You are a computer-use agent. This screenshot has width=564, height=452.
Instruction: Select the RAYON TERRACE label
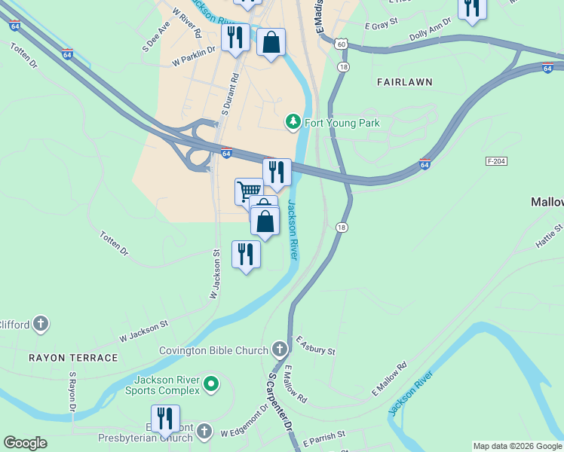coord(74,358)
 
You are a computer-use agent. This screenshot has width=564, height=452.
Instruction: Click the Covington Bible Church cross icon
coord(280,350)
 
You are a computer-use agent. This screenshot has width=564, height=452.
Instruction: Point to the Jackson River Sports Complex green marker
coord(212,385)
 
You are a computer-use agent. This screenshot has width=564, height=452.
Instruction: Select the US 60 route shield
coord(342,44)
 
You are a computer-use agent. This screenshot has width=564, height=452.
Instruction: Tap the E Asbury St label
coord(315,347)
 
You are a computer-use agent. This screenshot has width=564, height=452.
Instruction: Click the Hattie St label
coord(548,236)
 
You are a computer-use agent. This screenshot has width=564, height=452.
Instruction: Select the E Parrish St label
coord(323,438)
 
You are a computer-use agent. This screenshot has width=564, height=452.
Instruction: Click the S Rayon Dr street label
coord(73,390)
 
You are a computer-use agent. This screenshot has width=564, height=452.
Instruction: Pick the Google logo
coord(25,443)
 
